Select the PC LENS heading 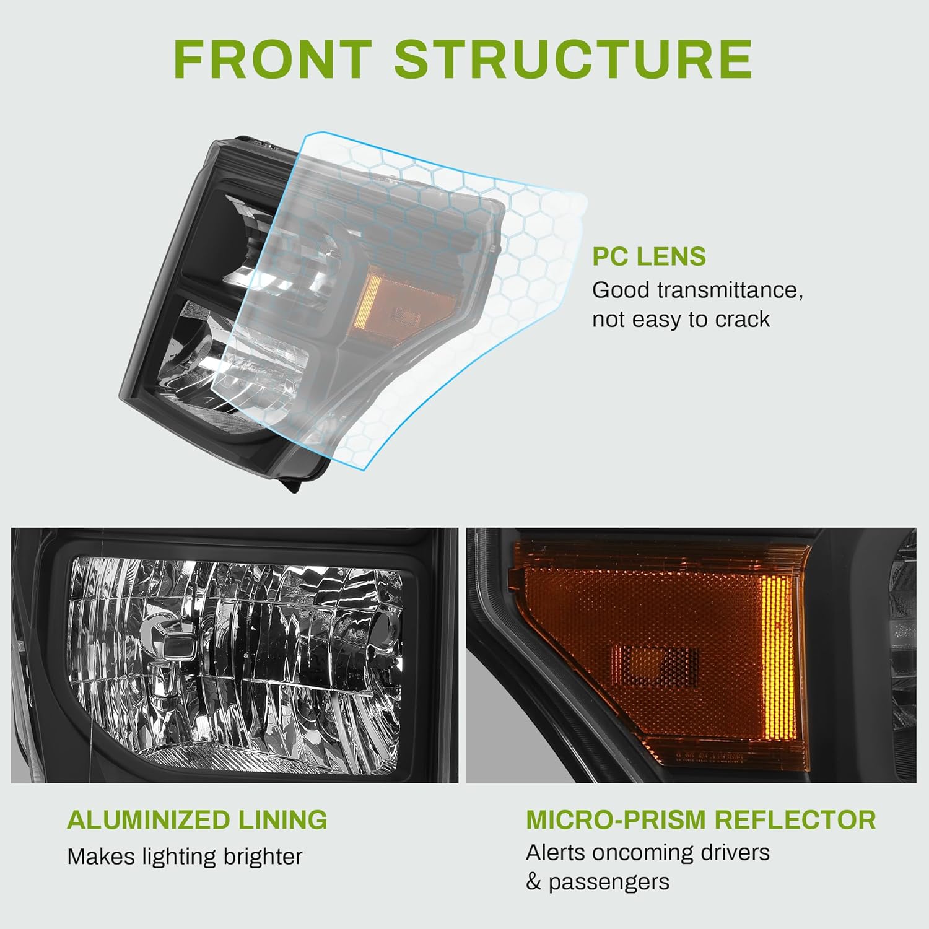[x=648, y=256]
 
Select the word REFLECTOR [x=795, y=820]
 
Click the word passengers [x=609, y=882]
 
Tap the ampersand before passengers [x=533, y=882]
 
